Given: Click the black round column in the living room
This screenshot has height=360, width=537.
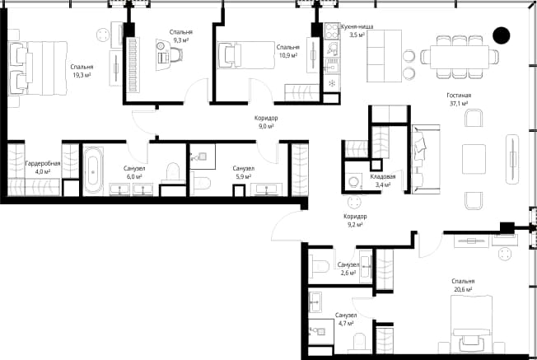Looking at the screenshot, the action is point(502,35).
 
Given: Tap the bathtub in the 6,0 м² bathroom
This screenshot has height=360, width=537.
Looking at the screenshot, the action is point(93,171).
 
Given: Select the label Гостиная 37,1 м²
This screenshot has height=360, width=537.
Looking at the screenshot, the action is point(459,100).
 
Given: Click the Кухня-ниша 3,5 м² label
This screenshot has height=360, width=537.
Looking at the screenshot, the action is point(357,30).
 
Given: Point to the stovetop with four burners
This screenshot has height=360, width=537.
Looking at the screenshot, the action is point(332,30).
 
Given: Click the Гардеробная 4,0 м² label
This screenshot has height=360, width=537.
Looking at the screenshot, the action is point(43,167).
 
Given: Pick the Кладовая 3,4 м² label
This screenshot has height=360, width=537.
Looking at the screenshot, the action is point(383,180).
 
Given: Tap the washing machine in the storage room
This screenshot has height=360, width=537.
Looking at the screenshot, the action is point(354,180).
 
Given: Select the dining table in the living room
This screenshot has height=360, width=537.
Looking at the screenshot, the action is point(460,57).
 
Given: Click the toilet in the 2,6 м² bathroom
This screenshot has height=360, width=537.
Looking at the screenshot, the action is point(320,265).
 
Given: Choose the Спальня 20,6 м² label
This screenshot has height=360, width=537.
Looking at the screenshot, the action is point(463,285).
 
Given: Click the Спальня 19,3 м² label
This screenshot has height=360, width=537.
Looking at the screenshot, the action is point(82,71).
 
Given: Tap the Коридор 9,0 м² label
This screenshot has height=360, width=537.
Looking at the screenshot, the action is point(266,122).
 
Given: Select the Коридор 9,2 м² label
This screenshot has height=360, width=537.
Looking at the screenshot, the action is point(355,221).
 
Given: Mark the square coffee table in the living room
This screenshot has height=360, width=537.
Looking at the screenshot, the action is point(474,159).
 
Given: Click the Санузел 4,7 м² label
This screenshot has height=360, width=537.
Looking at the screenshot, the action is point(346,319).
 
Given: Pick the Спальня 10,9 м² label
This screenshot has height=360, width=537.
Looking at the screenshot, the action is point(288,51).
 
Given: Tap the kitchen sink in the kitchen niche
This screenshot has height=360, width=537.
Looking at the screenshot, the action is point(332,49).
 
